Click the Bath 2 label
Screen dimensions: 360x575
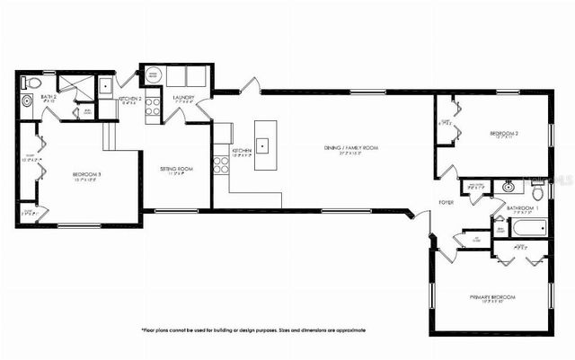click(49, 96)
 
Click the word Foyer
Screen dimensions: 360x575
click(447, 202)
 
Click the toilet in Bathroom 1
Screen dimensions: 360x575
click(537, 191)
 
